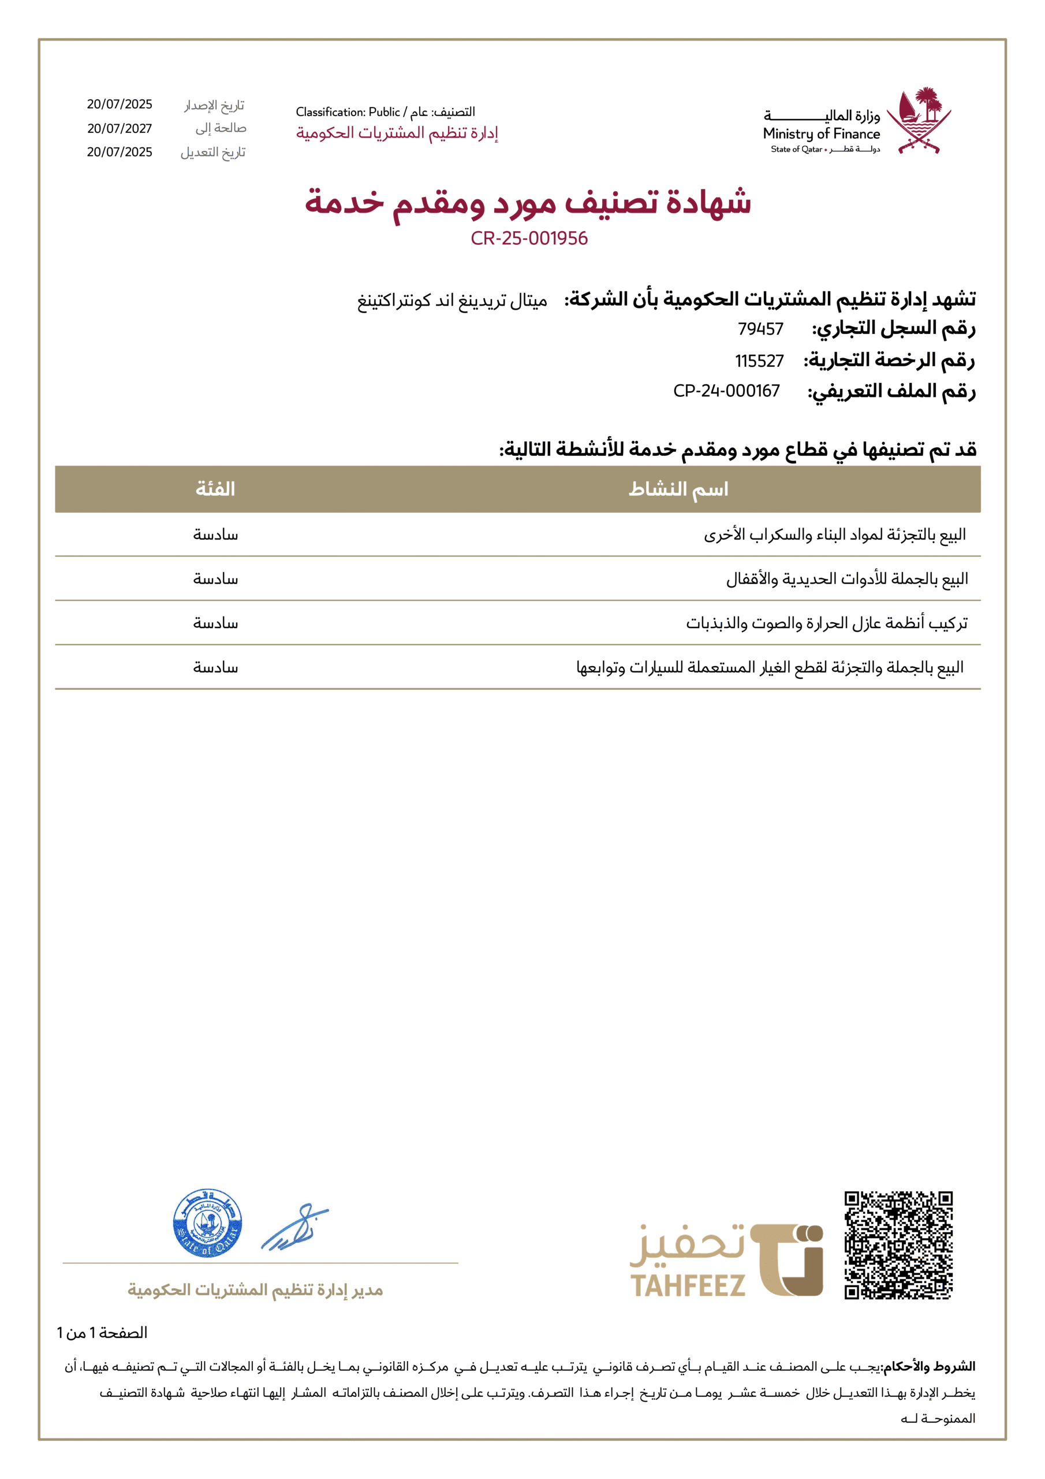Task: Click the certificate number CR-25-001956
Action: pos(529,239)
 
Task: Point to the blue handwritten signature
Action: pos(294,1227)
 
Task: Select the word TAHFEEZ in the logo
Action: pos(687,1286)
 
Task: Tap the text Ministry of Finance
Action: pos(821,134)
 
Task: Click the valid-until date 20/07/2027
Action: pos(120,129)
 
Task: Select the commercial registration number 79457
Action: pos(760,329)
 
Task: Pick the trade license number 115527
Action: pos(759,361)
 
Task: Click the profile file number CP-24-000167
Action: pos(726,391)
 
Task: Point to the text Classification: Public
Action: pos(348,112)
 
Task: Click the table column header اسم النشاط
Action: pos(678,489)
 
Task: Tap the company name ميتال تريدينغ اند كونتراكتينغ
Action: pos(452,301)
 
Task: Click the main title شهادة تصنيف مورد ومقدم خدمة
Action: pos(528,202)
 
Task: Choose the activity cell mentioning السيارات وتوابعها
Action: pos(770,667)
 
